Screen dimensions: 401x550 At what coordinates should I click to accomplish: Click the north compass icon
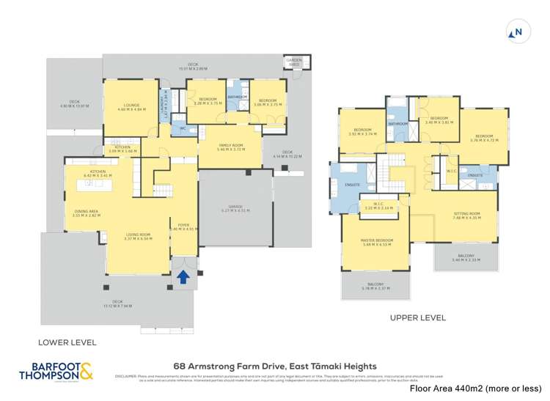pyautogui.click(x=517, y=32)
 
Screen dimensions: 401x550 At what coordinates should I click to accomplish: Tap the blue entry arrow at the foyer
pyautogui.click(x=182, y=276)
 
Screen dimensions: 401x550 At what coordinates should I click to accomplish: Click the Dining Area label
pyautogui.click(x=87, y=214)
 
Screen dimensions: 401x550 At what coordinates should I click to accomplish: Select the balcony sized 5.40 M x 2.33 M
pyautogui.click(x=466, y=258)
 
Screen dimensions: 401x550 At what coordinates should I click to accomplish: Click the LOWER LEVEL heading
pyautogui.click(x=68, y=342)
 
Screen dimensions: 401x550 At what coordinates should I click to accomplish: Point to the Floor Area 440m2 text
pyautogui.click(x=475, y=388)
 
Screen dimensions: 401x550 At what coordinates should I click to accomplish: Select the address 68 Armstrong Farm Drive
pyautogui.click(x=275, y=366)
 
